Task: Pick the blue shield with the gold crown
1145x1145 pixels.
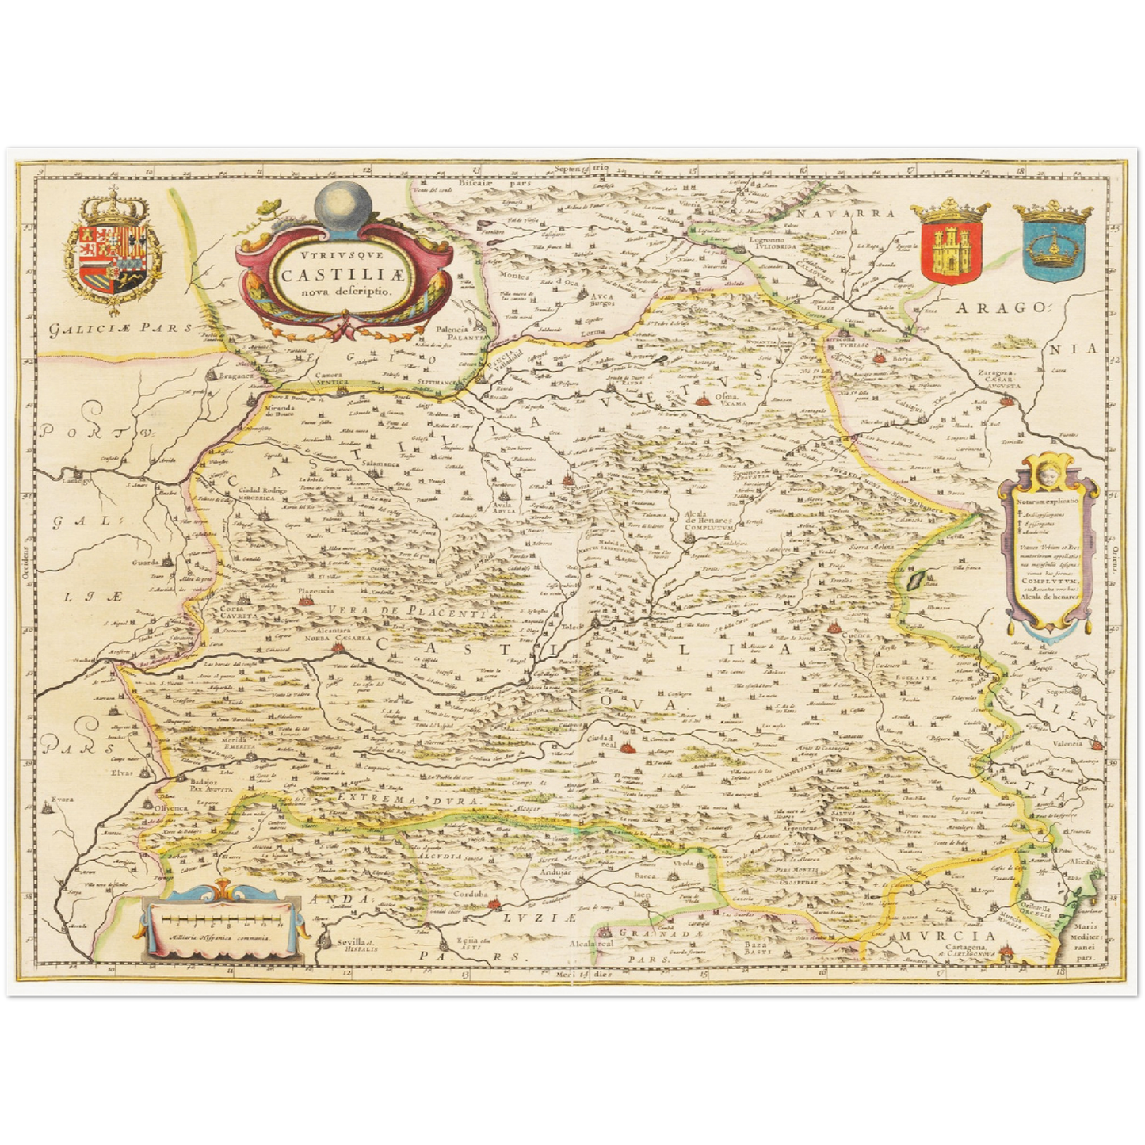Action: coord(1052,246)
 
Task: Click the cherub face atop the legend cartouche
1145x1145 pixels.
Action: coord(1047,474)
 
